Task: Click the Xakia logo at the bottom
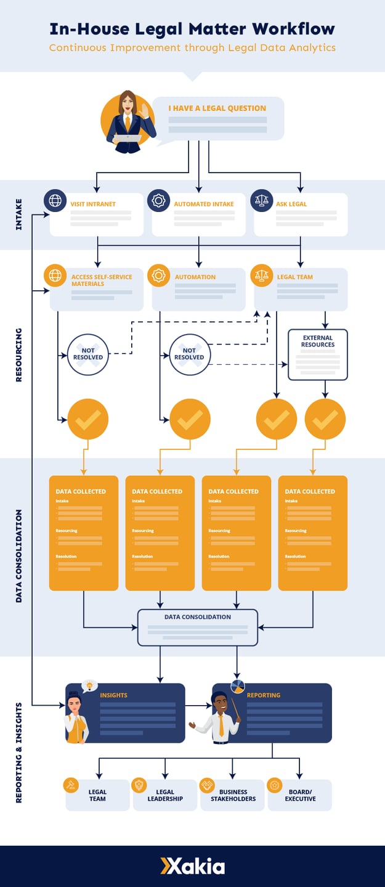pyautogui.click(x=192, y=866)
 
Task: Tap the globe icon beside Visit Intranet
pyautogui.click(x=55, y=200)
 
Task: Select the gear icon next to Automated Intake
pyautogui.click(x=158, y=200)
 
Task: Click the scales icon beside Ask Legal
pyautogui.click(x=261, y=200)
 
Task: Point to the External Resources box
pyautogui.click(x=318, y=354)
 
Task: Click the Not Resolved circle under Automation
pyautogui.click(x=189, y=354)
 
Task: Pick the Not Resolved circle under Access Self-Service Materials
pyautogui.click(x=87, y=354)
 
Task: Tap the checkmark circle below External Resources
pyautogui.click(x=325, y=419)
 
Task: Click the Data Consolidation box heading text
pyautogui.click(x=197, y=616)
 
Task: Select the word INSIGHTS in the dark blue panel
pyautogui.click(x=114, y=695)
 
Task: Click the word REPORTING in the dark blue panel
pyautogui.click(x=264, y=695)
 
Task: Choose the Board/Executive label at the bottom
pyautogui.click(x=300, y=795)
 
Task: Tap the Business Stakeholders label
pyautogui.click(x=233, y=795)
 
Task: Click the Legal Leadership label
pyautogui.click(x=165, y=795)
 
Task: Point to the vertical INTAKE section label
pyautogui.click(x=18, y=215)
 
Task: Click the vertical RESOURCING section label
pyautogui.click(x=18, y=354)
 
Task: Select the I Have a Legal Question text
pyautogui.click(x=217, y=108)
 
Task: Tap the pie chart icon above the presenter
pyautogui.click(x=237, y=686)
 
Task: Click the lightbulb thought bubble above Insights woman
pyautogui.click(x=90, y=685)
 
